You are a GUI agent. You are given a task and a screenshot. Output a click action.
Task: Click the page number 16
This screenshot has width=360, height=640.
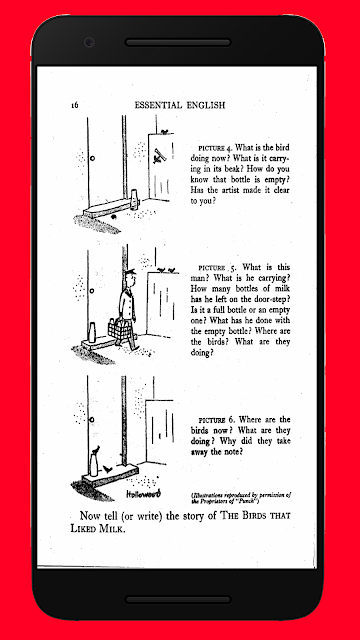click(x=74, y=105)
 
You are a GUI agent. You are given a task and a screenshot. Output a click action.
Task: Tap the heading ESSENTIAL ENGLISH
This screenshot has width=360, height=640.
click(x=180, y=105)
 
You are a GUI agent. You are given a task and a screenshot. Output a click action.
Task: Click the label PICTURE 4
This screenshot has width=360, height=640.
click(x=215, y=148)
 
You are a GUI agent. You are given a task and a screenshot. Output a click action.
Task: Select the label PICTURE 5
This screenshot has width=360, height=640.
click(x=217, y=268)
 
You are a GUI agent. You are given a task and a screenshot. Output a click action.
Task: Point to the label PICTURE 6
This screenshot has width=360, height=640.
click(x=217, y=420)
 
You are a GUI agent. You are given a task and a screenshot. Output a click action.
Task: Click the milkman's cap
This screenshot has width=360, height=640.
click(x=130, y=271)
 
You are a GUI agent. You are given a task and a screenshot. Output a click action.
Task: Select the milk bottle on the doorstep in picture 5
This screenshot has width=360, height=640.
click(x=92, y=332)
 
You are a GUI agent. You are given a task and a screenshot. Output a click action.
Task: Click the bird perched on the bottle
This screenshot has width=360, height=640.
click(x=96, y=449)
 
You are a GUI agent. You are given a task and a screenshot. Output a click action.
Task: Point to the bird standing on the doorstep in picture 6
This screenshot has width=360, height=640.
click(x=107, y=469)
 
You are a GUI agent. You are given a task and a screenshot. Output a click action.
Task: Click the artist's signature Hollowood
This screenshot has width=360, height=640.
click(x=143, y=493)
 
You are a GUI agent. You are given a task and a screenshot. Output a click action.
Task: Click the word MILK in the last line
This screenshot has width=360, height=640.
click(x=110, y=529)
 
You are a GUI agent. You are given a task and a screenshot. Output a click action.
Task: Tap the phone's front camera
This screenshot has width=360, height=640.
click(x=89, y=42)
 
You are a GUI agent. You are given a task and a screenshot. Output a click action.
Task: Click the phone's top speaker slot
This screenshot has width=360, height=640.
click(x=178, y=42)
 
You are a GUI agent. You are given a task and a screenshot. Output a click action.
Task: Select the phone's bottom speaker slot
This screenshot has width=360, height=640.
click(x=178, y=600)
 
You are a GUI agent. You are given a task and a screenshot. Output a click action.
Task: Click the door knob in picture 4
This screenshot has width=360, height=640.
click(x=92, y=158)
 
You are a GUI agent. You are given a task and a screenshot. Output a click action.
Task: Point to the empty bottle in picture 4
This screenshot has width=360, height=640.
click(x=134, y=198)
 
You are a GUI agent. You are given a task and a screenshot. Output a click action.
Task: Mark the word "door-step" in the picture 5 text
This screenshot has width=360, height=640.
click(x=272, y=299)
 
